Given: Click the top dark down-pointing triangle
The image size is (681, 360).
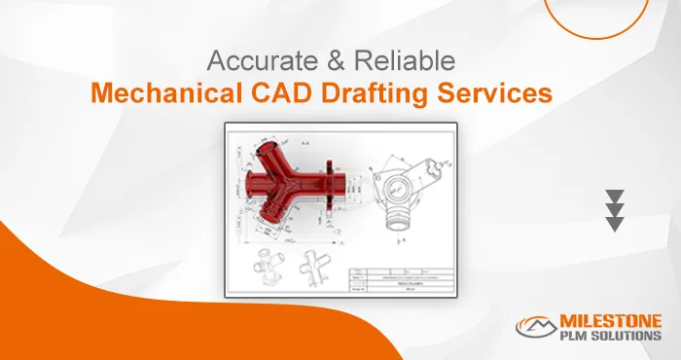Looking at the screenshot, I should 614,195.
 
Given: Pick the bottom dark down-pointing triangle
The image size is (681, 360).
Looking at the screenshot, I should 614,224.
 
